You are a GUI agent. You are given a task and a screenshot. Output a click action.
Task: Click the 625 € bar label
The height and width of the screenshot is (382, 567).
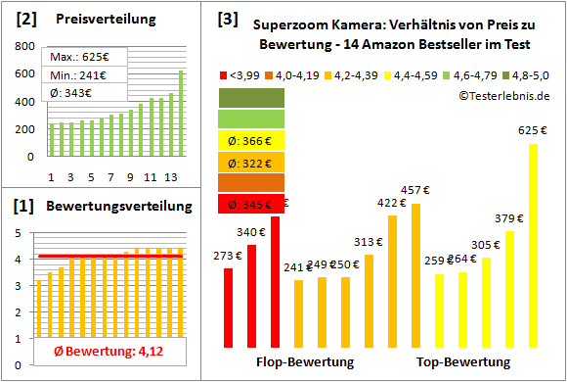tap(533, 130)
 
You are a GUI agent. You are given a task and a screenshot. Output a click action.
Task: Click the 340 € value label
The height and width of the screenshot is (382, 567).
tap(251, 231)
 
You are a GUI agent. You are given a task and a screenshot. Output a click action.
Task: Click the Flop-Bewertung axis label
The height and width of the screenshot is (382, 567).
tap(304, 362)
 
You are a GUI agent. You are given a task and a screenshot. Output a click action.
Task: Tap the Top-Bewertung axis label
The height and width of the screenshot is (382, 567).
tap(463, 362)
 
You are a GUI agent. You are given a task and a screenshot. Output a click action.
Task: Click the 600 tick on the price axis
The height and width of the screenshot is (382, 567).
tap(21, 74)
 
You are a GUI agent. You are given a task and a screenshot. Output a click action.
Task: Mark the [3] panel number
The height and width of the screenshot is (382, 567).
tap(228, 18)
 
